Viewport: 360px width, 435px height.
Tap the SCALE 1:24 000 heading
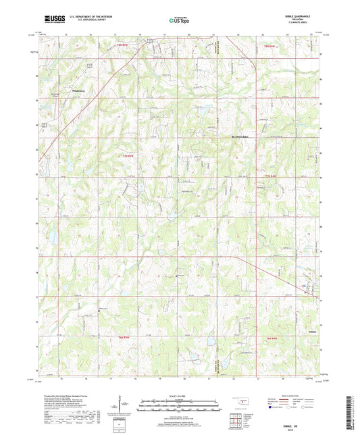(x=179, y=395)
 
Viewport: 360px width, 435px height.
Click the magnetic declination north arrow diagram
(x=125, y=405)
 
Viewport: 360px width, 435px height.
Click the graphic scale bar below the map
(x=179, y=405)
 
